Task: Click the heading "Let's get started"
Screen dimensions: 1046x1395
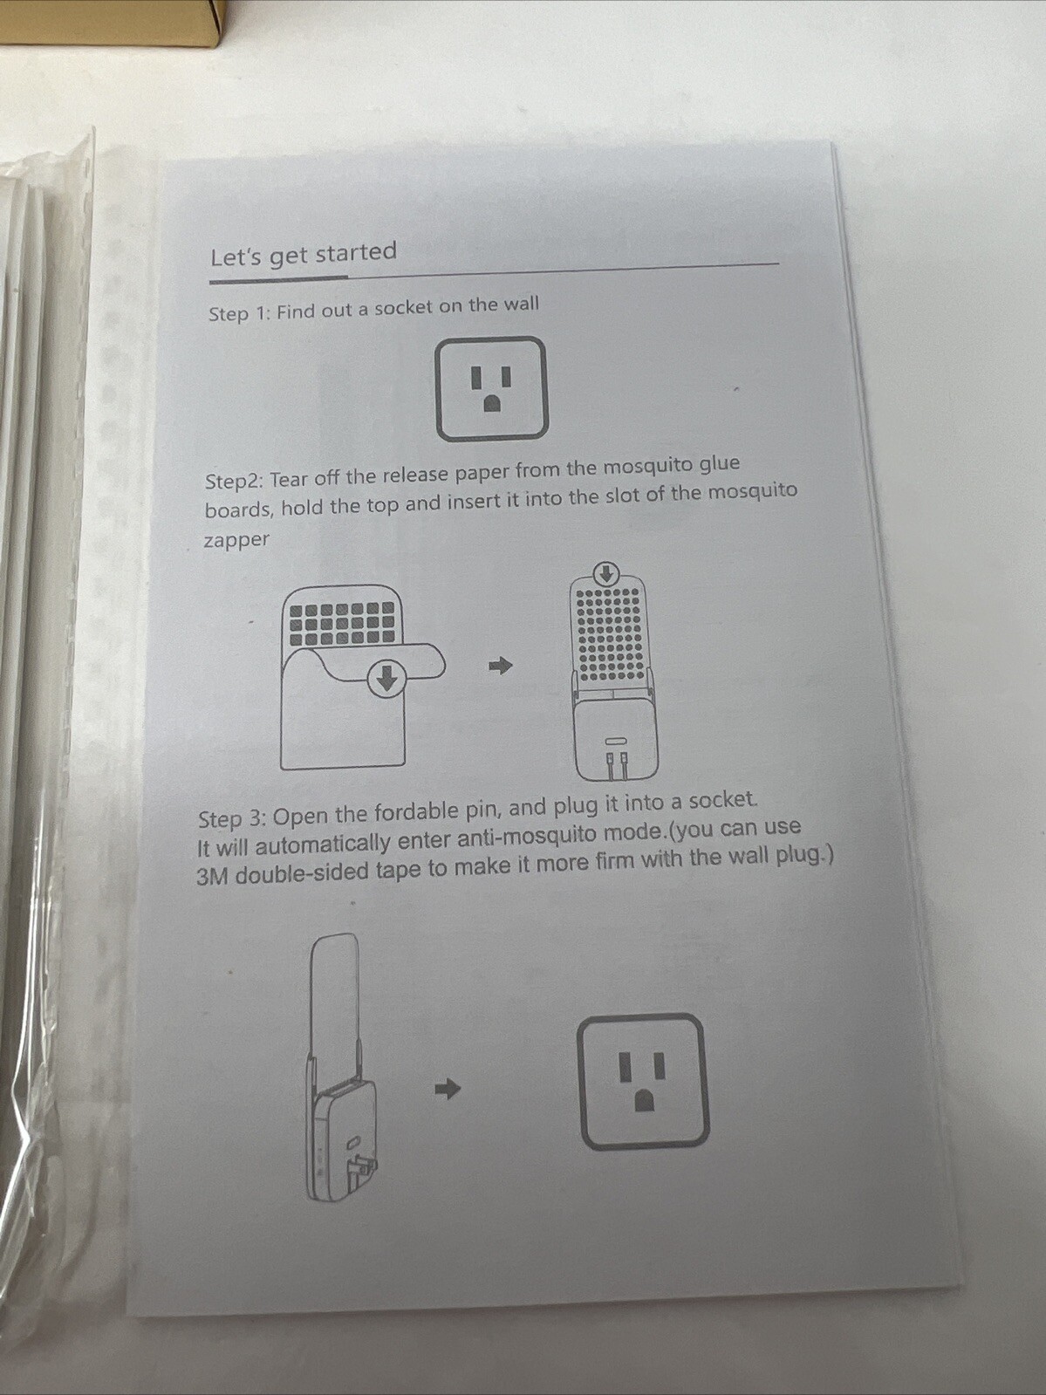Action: coord(304,255)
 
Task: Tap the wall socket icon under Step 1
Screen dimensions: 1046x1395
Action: coord(490,388)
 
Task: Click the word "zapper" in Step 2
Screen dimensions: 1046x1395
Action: coord(236,541)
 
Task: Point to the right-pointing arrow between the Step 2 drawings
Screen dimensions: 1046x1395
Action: coord(501,666)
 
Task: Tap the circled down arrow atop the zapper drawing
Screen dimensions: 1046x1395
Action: coord(607,574)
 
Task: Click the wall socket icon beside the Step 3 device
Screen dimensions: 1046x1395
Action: coord(643,1081)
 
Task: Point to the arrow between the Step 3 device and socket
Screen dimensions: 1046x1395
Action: coord(448,1090)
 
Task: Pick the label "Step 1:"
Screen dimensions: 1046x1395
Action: coord(240,313)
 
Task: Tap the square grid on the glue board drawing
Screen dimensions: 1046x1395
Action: coord(343,624)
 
